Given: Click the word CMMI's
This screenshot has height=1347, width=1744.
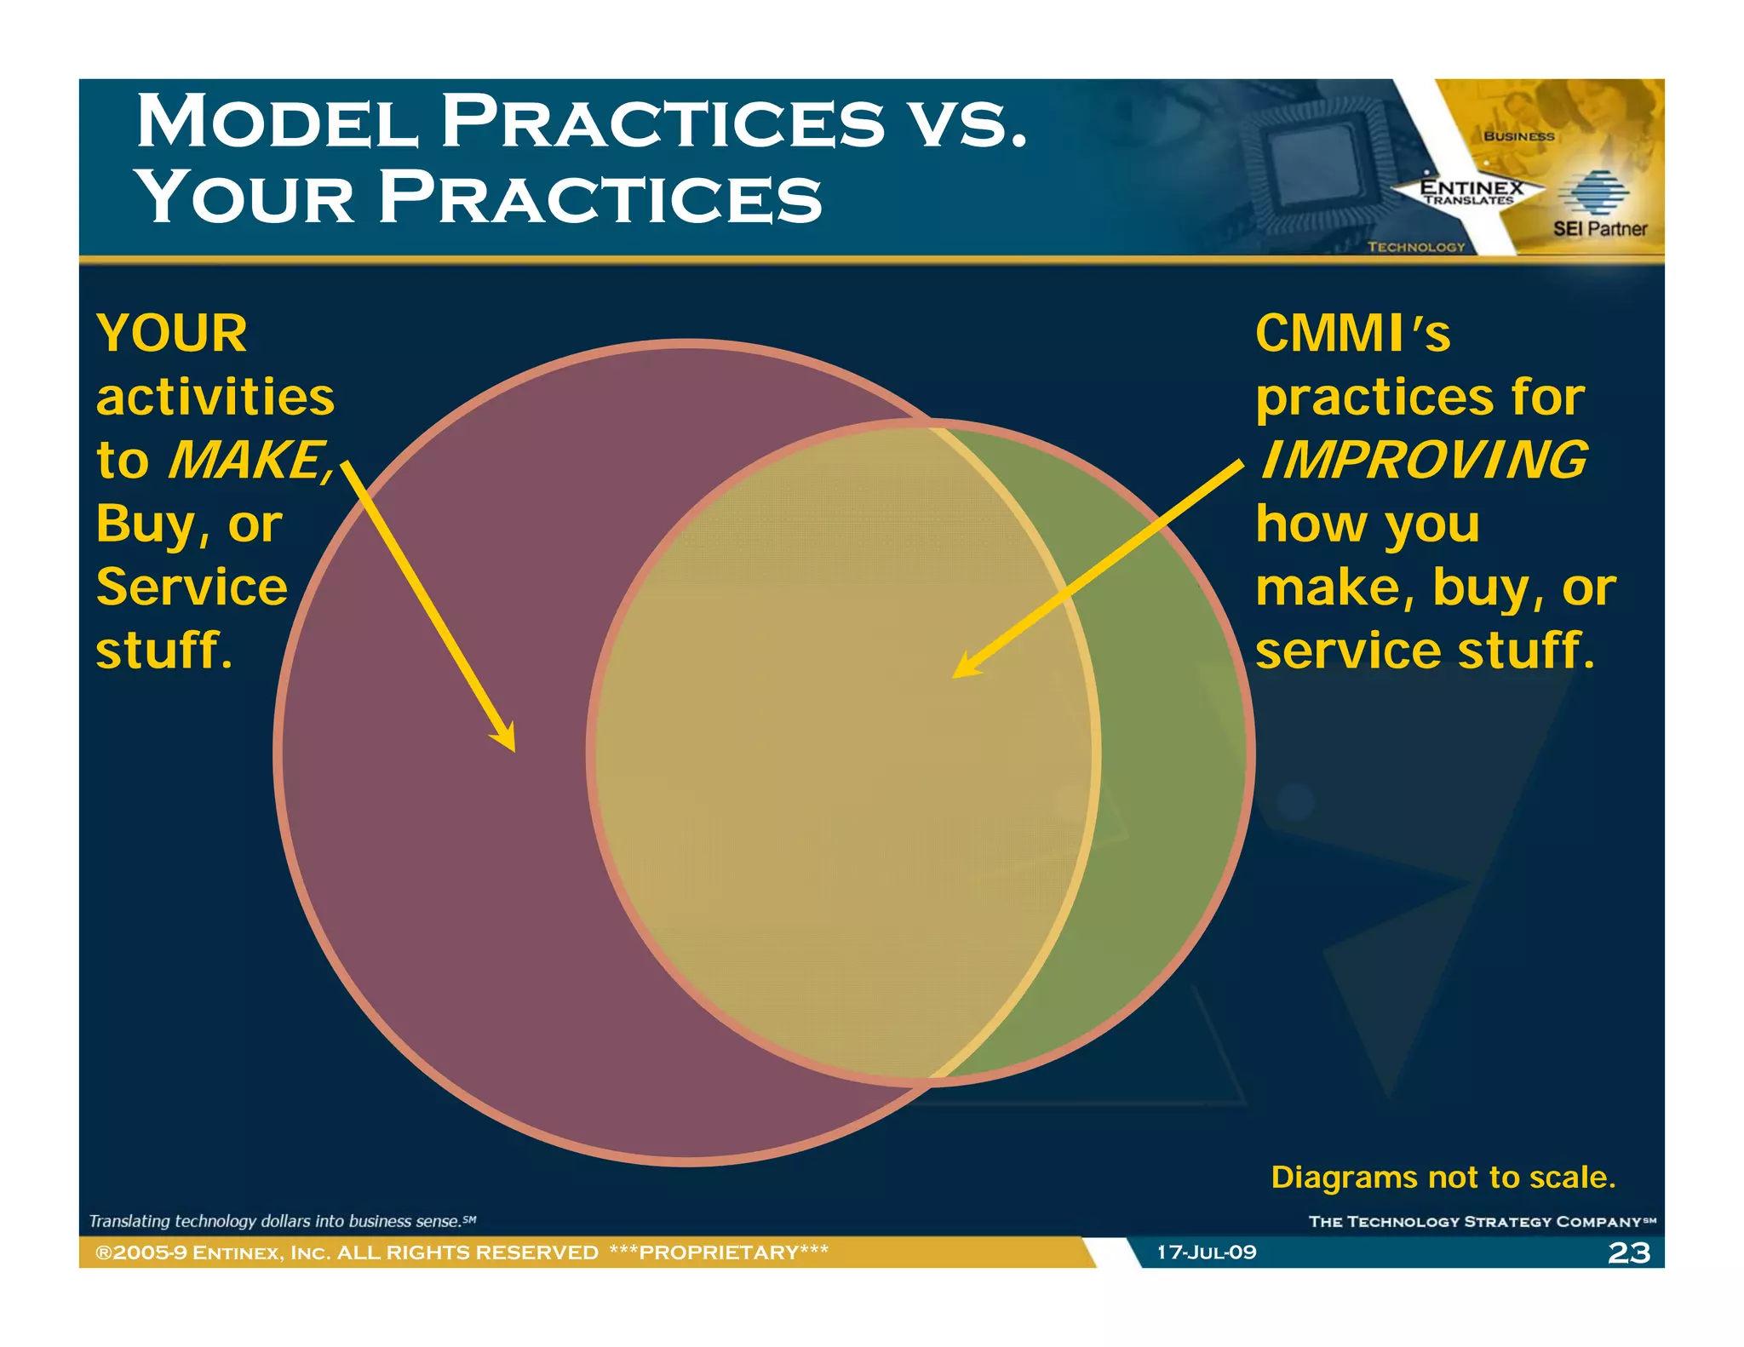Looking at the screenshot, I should (x=1351, y=333).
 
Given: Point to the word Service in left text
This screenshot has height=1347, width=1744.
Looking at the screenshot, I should (x=192, y=588).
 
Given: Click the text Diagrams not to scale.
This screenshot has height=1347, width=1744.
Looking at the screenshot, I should (x=1443, y=1177).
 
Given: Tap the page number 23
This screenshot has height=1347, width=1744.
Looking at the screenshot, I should (x=1628, y=1252).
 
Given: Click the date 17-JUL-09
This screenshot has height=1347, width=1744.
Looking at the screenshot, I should (x=1206, y=1252).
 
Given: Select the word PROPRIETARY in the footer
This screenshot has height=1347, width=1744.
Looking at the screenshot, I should (x=719, y=1252).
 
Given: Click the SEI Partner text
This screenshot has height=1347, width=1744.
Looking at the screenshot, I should (x=1599, y=228).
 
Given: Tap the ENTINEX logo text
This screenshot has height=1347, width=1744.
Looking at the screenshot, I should (x=1471, y=188).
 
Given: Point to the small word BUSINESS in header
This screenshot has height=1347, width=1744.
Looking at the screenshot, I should (x=1518, y=136).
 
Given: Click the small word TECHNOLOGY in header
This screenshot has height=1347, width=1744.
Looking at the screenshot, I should (x=1415, y=247).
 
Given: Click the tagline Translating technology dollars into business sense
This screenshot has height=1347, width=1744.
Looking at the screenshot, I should (x=281, y=1221).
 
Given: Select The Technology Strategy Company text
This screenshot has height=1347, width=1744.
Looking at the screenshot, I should (x=1480, y=1222).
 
